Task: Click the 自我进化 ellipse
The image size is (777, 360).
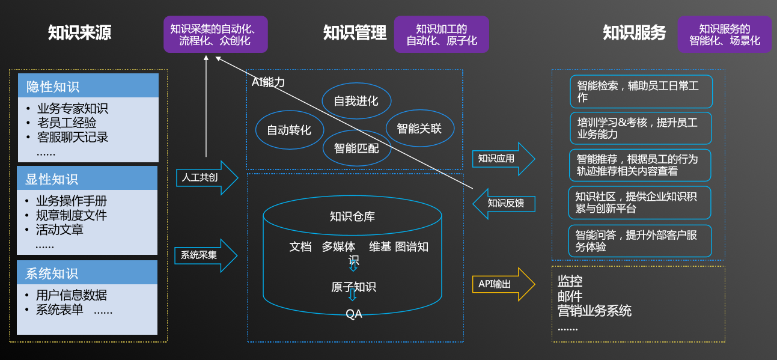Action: coord(356,101)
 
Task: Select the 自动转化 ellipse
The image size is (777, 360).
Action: coord(289,130)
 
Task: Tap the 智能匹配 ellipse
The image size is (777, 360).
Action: coord(356,148)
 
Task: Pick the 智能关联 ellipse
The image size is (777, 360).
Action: coord(419,128)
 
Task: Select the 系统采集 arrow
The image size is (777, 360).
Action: coord(204,255)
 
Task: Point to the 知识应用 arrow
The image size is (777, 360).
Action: coord(502,159)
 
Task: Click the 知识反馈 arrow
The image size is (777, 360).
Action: coord(505,204)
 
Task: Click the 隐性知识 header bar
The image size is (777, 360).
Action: coord(88,86)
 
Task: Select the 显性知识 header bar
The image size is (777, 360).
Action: coord(87,178)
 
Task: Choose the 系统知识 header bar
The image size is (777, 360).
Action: coord(87,273)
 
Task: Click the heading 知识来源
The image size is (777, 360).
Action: coord(79,32)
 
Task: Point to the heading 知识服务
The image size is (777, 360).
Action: coord(635,32)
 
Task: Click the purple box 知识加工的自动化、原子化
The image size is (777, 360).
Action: coord(442,35)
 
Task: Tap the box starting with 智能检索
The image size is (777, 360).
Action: coord(641,91)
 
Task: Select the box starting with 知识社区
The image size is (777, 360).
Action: coord(639,203)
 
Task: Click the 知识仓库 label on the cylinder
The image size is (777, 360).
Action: coord(352,216)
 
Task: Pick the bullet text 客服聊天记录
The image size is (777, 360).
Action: coord(73,137)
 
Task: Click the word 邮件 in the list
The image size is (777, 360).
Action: coord(570,296)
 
